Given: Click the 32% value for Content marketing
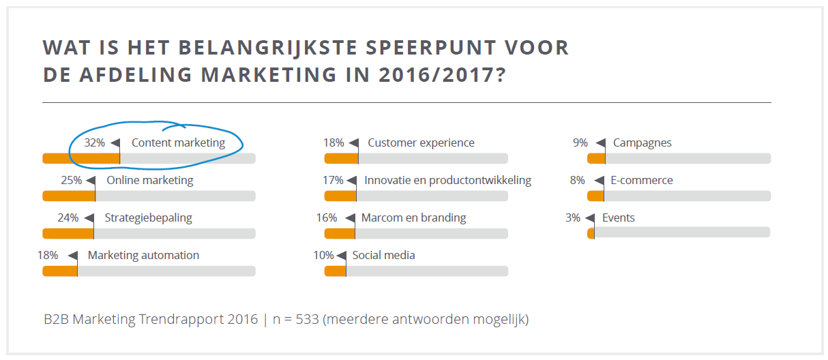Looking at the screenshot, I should (94, 143).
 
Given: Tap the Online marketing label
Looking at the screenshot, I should (149, 181).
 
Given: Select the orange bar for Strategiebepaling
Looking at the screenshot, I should (68, 233).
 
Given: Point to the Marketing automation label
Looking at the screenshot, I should (143, 256).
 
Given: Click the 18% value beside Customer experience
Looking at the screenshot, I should (334, 143).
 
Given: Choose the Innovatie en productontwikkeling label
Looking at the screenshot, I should (447, 181).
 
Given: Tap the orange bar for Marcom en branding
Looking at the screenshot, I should (339, 233).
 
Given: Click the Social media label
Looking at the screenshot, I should (383, 256).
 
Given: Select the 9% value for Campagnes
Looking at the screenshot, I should (580, 143).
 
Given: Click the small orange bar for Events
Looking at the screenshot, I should (591, 233).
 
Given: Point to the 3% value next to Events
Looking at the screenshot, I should (573, 218).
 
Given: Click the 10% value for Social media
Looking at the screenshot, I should (323, 256).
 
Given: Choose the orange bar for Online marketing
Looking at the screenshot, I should (68, 196).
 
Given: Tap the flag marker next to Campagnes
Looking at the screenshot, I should (600, 143).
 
